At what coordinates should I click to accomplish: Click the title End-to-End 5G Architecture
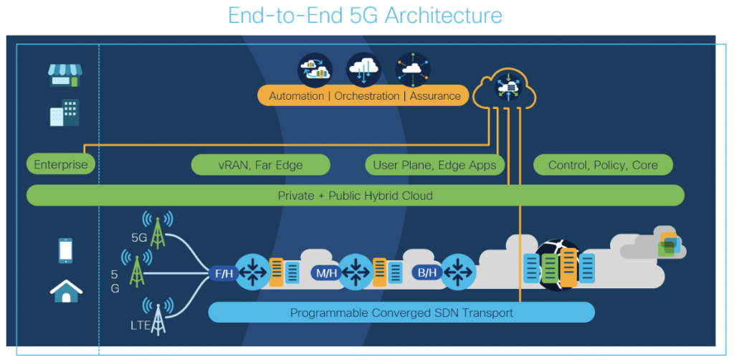click(x=365, y=15)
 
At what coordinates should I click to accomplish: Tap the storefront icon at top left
click(x=65, y=75)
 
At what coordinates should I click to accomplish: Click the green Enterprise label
click(x=61, y=165)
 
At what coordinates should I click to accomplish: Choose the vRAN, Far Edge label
click(x=260, y=165)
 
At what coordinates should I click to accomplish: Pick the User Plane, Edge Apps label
click(x=434, y=165)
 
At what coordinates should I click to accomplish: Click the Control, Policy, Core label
click(x=603, y=165)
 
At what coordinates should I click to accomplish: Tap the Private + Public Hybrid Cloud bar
click(x=356, y=195)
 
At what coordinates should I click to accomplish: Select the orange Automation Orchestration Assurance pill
click(x=364, y=95)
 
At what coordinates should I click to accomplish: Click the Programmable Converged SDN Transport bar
click(x=401, y=313)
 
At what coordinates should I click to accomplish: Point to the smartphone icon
click(x=65, y=250)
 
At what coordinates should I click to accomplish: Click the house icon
click(x=65, y=290)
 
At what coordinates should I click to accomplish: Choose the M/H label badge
click(x=323, y=273)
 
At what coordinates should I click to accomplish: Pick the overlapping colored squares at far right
click(x=668, y=244)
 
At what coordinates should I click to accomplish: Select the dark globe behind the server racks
click(x=554, y=264)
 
